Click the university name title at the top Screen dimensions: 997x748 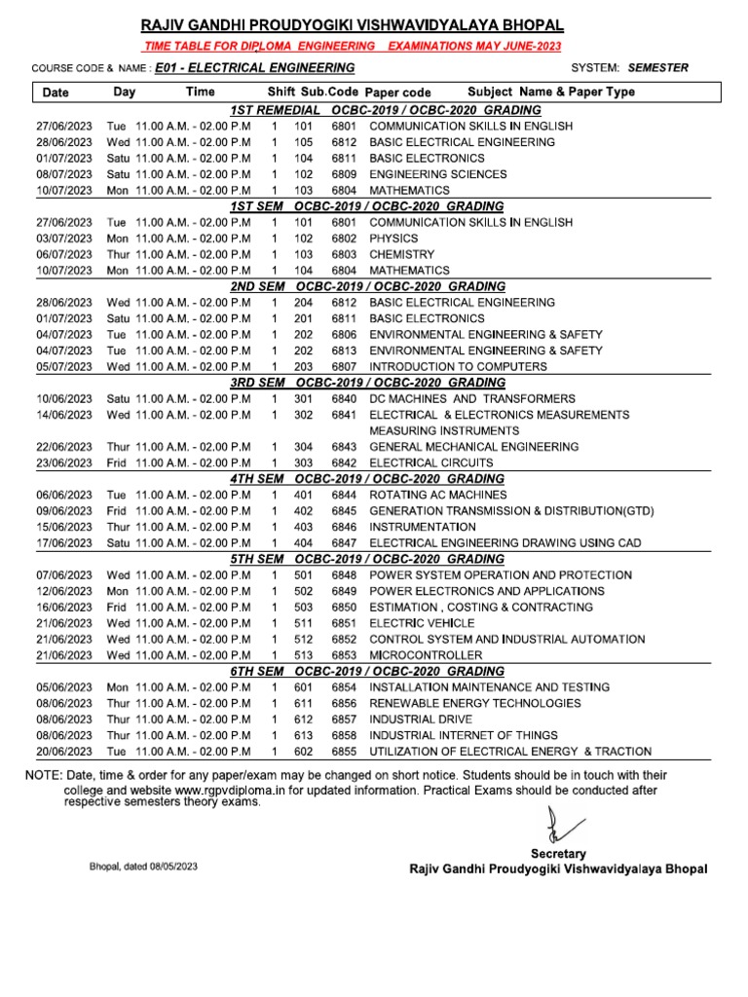(353, 26)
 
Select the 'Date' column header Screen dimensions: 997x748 (56, 92)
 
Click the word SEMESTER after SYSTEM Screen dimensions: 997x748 (658, 68)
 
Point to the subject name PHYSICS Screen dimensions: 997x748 (393, 239)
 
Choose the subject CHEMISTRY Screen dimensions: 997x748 (401, 254)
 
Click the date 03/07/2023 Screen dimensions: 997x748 (64, 239)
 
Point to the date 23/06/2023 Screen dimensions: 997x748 (64, 463)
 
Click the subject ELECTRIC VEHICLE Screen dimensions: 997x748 (422, 624)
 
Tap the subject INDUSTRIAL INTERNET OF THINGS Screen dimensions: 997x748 (464, 736)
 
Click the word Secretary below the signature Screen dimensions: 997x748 (558, 853)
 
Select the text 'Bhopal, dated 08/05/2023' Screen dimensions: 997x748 (143, 866)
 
